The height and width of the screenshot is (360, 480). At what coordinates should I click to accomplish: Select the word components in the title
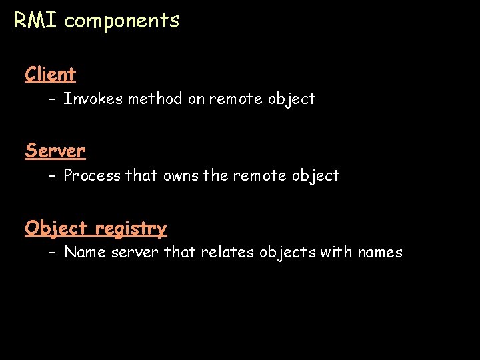122,21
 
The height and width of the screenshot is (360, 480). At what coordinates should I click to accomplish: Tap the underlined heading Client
51,74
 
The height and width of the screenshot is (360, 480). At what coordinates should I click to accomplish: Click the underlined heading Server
55,151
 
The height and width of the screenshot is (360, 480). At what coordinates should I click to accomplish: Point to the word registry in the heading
131,229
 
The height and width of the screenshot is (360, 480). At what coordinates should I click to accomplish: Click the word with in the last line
337,253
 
